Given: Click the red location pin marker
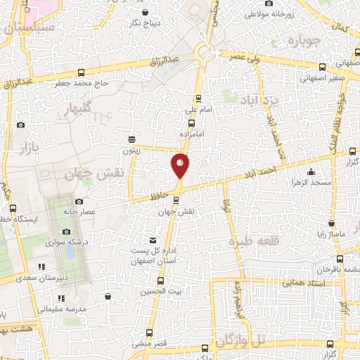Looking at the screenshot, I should click(x=180, y=165).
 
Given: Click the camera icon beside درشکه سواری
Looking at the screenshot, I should click(x=67, y=231).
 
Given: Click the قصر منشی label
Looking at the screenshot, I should click(x=148, y=344).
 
